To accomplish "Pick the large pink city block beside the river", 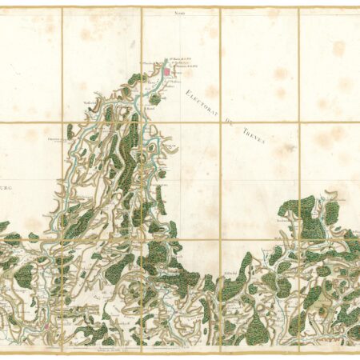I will (x=166, y=73).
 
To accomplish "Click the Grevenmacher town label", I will (x=56, y=138).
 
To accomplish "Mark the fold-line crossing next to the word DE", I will (x=221, y=122).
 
